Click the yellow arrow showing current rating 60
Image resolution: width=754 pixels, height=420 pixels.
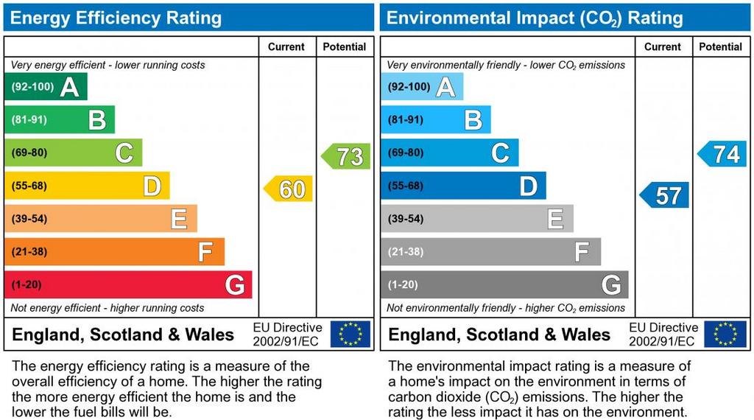tap(289, 189)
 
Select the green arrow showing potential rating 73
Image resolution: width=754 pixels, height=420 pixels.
tap(347, 156)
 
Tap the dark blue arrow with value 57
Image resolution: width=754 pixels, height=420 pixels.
tap(666, 195)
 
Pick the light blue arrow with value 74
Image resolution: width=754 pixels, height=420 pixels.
tap(723, 154)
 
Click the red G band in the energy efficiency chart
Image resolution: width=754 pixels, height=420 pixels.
tap(128, 285)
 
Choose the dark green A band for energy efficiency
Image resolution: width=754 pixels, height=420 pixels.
tap(46, 87)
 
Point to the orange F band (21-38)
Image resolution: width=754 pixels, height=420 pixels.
tap(114, 252)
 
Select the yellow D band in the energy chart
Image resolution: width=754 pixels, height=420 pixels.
tap(87, 186)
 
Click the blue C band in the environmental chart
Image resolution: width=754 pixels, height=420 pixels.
tap(449, 153)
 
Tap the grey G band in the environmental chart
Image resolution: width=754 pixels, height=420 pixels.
tap(504, 285)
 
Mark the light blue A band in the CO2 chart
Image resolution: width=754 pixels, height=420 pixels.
tap(422, 87)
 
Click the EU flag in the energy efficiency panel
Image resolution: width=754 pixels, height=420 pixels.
tap(350, 334)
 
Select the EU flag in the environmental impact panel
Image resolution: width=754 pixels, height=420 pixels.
tap(725, 334)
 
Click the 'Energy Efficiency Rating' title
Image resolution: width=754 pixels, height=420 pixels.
tap(116, 18)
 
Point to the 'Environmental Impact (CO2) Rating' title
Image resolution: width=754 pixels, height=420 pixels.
tap(535, 18)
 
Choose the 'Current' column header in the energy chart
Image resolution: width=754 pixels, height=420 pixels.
tap(286, 46)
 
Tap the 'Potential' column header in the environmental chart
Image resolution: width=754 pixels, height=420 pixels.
tap(720, 46)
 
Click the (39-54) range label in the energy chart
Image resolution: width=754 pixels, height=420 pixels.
tap(29, 219)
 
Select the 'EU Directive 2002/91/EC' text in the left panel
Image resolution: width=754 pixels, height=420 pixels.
tap(287, 334)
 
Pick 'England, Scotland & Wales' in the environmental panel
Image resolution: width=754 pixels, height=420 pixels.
tap(499, 335)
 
